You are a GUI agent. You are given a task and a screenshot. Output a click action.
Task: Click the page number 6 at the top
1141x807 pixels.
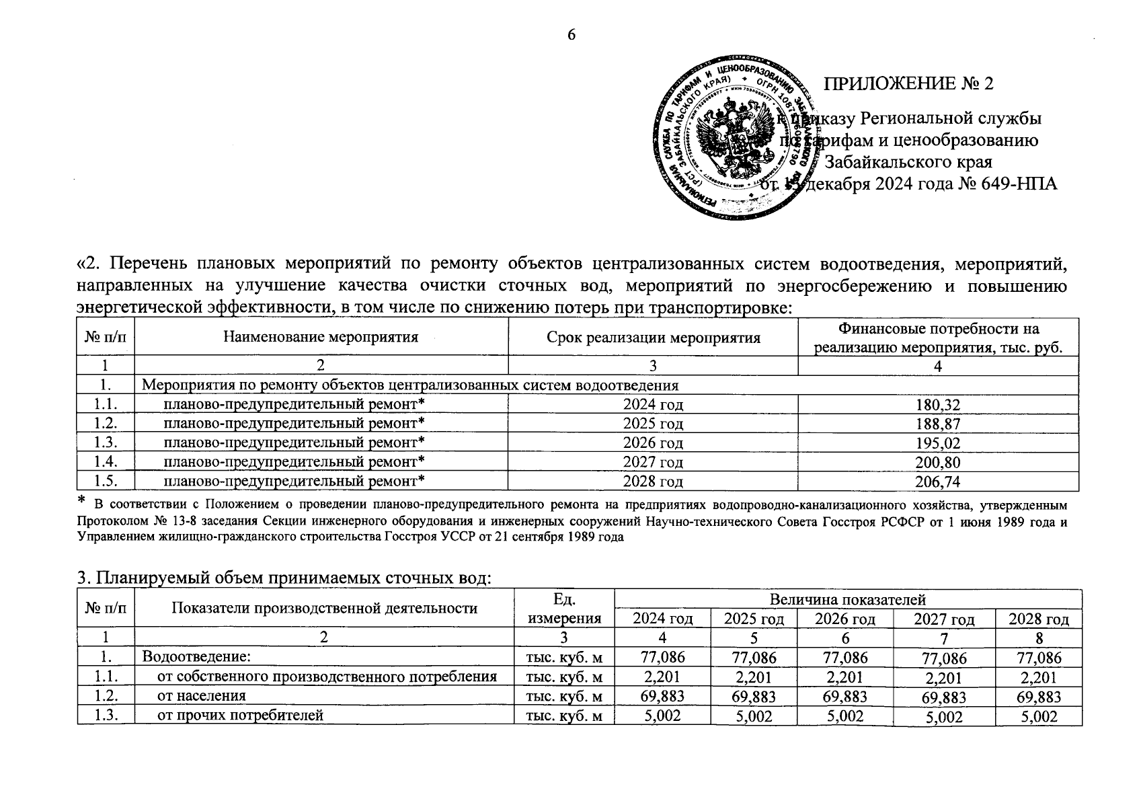click(571, 36)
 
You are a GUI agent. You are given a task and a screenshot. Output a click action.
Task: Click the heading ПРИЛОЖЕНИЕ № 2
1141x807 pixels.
click(909, 83)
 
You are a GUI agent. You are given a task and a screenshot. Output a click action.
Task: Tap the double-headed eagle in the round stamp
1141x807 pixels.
click(732, 134)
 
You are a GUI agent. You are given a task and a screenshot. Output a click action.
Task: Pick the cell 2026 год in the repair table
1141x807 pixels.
click(652, 443)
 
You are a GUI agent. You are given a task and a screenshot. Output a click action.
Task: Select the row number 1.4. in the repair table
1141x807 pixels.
click(106, 462)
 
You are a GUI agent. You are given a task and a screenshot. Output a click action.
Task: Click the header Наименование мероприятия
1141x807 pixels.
click(321, 338)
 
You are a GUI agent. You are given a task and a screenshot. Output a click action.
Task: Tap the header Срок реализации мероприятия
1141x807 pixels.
click(653, 338)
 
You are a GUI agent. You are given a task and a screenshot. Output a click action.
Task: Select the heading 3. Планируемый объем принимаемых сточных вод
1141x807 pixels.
click(285, 578)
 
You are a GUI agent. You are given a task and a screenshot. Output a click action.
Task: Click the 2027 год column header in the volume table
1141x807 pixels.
click(944, 619)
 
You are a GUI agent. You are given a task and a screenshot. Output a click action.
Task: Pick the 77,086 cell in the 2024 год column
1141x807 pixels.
click(662, 657)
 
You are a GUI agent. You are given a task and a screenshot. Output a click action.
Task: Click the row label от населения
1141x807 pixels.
click(201, 695)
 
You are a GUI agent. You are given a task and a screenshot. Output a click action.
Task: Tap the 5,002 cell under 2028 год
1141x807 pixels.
click(1039, 717)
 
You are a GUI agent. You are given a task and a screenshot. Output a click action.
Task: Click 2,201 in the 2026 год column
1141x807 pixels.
click(845, 677)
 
